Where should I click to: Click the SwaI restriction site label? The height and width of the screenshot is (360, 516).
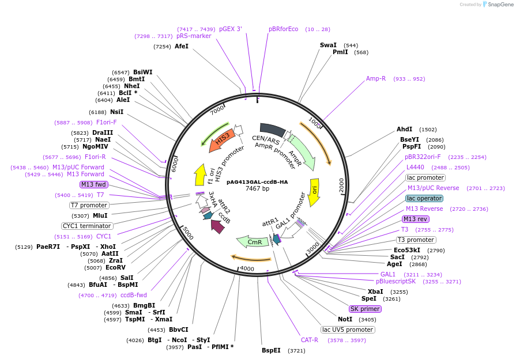[x=328, y=45]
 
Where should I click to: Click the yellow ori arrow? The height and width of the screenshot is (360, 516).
[x=314, y=192]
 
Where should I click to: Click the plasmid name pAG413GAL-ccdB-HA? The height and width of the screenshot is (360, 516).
[x=257, y=181]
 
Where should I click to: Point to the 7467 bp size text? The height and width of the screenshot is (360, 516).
[x=257, y=188]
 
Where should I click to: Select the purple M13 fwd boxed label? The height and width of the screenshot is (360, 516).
[x=94, y=184]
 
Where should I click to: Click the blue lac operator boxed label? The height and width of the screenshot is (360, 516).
[x=424, y=198]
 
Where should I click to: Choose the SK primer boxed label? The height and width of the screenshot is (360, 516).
[x=365, y=309]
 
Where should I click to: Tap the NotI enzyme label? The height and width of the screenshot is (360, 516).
[x=345, y=319]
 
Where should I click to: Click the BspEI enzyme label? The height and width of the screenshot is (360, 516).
[x=271, y=350]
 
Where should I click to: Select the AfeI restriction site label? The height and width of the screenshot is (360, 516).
[x=182, y=46]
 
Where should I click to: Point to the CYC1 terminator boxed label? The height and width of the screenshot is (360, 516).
[x=87, y=226]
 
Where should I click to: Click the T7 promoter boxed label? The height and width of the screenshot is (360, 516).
[x=89, y=205]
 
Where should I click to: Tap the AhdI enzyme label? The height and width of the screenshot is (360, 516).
[x=405, y=130]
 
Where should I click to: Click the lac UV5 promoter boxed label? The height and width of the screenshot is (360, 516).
[x=348, y=329]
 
